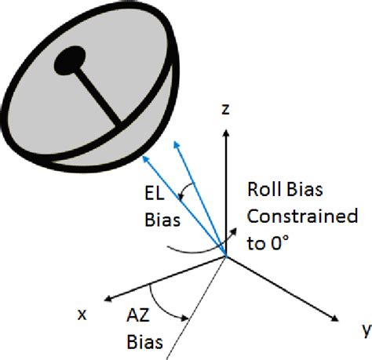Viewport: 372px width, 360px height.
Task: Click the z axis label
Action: click(x=225, y=111)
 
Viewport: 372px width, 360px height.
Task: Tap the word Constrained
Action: click(x=302, y=214)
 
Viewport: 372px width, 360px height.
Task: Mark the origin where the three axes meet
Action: click(x=226, y=256)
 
